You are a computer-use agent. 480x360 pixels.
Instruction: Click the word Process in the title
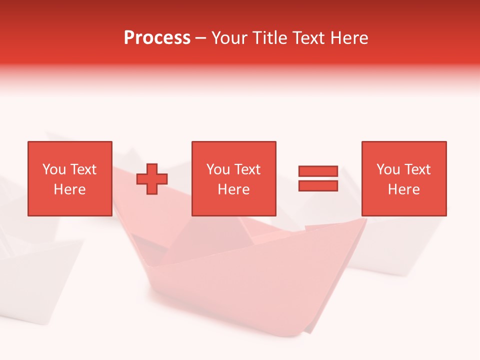click(157, 38)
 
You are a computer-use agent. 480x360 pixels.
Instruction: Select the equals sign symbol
click(318, 178)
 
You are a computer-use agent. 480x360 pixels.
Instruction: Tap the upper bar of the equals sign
click(318, 171)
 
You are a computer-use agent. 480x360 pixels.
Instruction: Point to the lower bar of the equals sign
click(318, 185)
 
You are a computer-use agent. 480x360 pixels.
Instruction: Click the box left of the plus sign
click(69, 178)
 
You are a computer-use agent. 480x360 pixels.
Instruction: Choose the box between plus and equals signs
click(233, 178)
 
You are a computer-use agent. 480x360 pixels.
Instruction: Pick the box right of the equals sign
click(403, 178)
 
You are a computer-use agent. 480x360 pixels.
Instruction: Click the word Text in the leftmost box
click(83, 169)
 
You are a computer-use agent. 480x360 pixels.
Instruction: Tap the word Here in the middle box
click(233, 189)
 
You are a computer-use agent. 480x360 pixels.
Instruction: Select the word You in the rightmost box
click(388, 169)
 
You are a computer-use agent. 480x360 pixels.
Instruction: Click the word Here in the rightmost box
click(403, 189)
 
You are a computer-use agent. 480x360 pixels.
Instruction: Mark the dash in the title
click(200, 38)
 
